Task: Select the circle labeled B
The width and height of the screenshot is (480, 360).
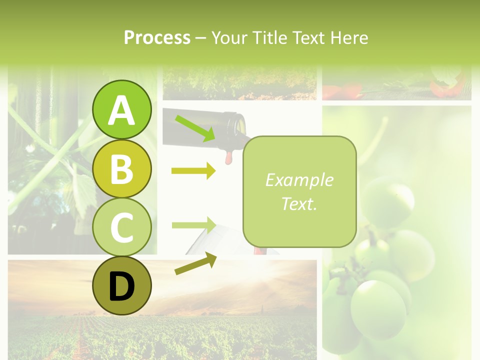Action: point(121,169)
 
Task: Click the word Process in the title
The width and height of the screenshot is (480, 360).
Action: point(157,38)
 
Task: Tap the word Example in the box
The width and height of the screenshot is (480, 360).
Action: point(299,180)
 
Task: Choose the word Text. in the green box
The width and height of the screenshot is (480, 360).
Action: point(299,203)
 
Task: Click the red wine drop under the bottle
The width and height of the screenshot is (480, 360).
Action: point(229,157)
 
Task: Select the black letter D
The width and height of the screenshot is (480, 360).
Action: point(121,287)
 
